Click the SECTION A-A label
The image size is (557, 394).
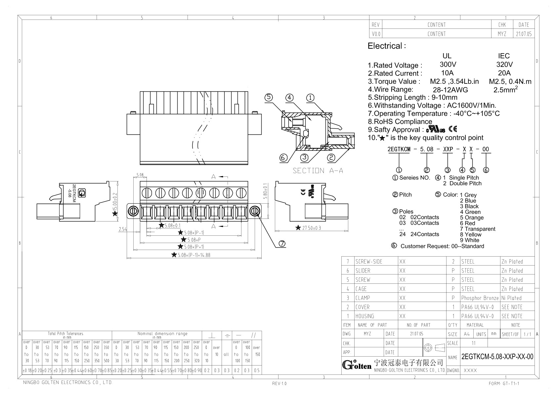pyautogui.click(x=318, y=171)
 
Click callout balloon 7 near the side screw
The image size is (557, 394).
pyautogui.click(x=282, y=244)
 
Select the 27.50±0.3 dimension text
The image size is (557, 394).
pyautogui.click(x=308, y=228)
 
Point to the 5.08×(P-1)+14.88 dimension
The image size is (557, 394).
pyautogui.click(x=193, y=255)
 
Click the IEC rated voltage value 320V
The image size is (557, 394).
pyautogui.click(x=504, y=65)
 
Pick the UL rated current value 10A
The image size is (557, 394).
pyautogui.click(x=447, y=73)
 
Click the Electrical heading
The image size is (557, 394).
pyautogui.click(x=386, y=46)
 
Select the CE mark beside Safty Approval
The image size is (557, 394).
pyautogui.click(x=453, y=129)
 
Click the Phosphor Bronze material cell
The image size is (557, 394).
pyautogui.click(x=480, y=298)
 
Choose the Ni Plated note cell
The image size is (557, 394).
pyautogui.click(x=511, y=298)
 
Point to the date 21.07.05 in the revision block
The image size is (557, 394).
pyautogui.click(x=524, y=34)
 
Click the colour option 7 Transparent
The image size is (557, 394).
pyautogui.click(x=477, y=229)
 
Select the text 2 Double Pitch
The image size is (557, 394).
pyautogui.click(x=462, y=183)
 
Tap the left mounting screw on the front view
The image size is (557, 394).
pyautogui.click(x=133, y=211)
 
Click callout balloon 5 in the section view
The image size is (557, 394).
pyautogui.click(x=269, y=97)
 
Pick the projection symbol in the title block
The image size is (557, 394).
pyautogui.click(x=434, y=348)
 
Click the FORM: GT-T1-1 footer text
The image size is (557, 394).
pyautogui.click(x=504, y=383)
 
